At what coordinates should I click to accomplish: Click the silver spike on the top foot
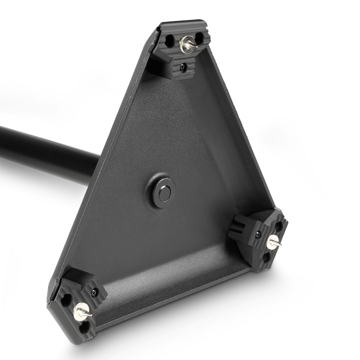tap(191, 45)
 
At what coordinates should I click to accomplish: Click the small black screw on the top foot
tap(184, 66)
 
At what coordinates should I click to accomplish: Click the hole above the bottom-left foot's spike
tap(66, 300)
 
